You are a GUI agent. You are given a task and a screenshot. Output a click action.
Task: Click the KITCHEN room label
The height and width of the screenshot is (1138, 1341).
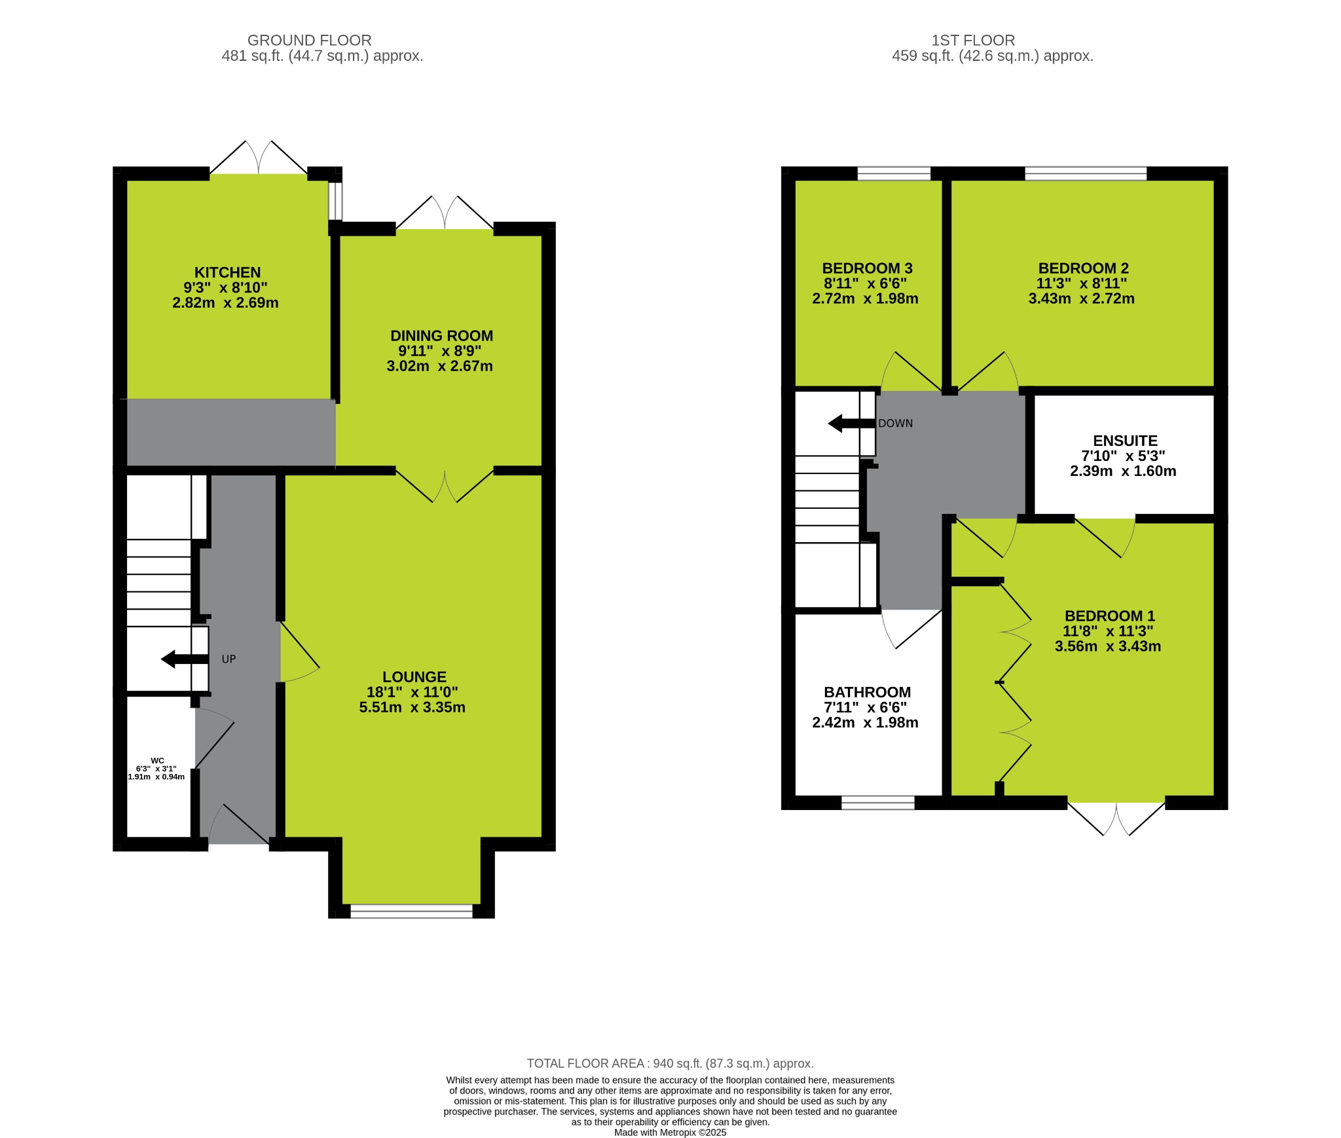click(227, 272)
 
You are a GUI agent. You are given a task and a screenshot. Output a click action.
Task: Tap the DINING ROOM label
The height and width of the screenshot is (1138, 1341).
click(441, 336)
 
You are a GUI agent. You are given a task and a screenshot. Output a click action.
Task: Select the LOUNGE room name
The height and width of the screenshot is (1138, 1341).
click(414, 677)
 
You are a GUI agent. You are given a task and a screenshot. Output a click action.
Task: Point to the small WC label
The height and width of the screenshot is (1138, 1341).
click(157, 761)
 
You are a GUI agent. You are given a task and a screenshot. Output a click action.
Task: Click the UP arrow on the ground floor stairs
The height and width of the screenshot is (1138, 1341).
click(184, 659)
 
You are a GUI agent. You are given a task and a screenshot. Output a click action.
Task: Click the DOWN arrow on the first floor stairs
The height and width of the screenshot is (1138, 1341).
click(851, 424)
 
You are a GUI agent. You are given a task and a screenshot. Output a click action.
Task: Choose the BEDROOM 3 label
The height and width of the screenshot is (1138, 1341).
click(867, 268)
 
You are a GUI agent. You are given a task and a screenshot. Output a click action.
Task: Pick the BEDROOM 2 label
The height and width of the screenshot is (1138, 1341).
click(1083, 268)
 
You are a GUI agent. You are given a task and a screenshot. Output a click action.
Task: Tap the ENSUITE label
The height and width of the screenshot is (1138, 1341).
click(1125, 441)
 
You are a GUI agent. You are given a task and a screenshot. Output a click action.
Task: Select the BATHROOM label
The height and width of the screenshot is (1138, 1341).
click(867, 692)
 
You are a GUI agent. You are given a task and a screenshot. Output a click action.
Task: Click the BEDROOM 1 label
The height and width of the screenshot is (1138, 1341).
click(1109, 616)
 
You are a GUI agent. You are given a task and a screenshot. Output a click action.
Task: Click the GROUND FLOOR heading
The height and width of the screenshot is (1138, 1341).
click(309, 41)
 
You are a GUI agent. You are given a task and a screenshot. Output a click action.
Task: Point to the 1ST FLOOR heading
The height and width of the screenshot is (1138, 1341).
click(973, 41)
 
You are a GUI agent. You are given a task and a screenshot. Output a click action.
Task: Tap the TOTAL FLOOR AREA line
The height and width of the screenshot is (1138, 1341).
click(670, 1063)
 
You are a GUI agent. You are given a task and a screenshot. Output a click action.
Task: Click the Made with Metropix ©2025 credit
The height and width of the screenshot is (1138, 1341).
click(670, 1132)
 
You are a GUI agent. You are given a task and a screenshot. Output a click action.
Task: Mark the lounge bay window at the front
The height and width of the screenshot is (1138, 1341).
click(411, 911)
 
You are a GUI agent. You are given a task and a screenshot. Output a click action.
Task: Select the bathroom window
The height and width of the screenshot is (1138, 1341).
click(877, 803)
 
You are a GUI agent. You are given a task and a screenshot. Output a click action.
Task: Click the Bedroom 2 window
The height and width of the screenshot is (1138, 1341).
click(1085, 174)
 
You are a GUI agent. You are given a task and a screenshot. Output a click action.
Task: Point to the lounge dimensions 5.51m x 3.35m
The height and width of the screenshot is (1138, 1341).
click(412, 707)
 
